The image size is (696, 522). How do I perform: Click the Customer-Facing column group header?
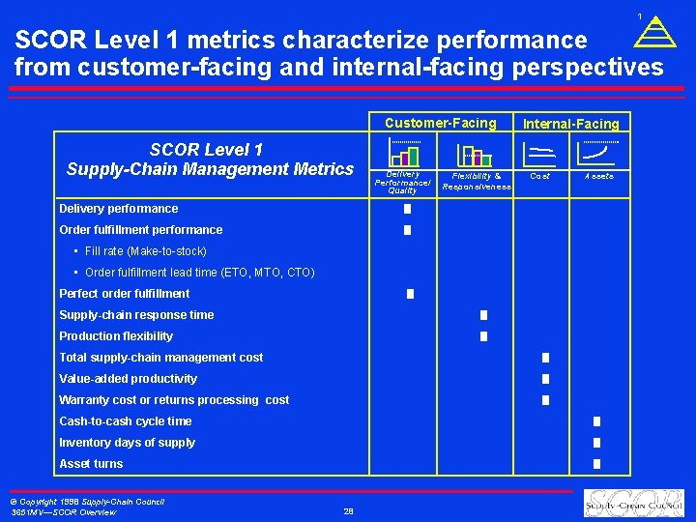(x=440, y=123)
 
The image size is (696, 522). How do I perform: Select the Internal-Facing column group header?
(x=570, y=124)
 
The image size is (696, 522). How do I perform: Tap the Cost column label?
(x=540, y=177)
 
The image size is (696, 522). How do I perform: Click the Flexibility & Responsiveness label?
(x=477, y=182)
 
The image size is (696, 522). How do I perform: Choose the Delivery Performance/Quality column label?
(x=402, y=182)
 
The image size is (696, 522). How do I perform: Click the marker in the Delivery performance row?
(x=408, y=209)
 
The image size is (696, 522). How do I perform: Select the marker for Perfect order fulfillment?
(x=410, y=294)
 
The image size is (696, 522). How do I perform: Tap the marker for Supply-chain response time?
(x=483, y=315)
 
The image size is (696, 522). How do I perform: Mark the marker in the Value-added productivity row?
(x=545, y=379)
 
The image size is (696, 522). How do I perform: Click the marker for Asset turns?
(x=596, y=464)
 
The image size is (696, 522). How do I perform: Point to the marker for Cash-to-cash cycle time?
(x=596, y=421)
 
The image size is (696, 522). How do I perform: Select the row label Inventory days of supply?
(x=127, y=443)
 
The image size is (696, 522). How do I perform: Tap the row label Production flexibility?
(x=116, y=336)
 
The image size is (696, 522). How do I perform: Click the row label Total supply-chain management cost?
(x=160, y=358)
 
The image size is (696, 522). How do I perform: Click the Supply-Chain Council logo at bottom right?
(x=634, y=504)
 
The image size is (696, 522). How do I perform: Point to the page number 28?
(x=348, y=511)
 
